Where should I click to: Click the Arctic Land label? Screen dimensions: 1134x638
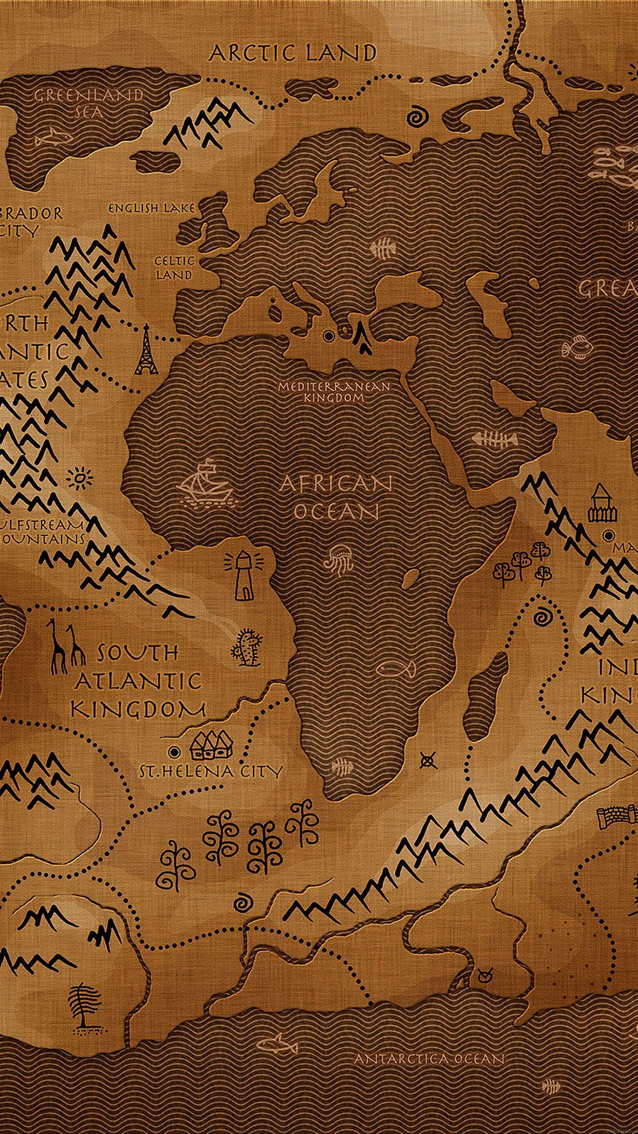tap(293, 53)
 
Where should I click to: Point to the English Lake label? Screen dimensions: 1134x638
tap(152, 208)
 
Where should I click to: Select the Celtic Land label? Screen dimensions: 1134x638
tap(174, 268)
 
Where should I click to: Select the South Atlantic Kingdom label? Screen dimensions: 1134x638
tap(138, 682)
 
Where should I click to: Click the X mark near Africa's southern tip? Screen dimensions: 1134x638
tap(427, 759)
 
